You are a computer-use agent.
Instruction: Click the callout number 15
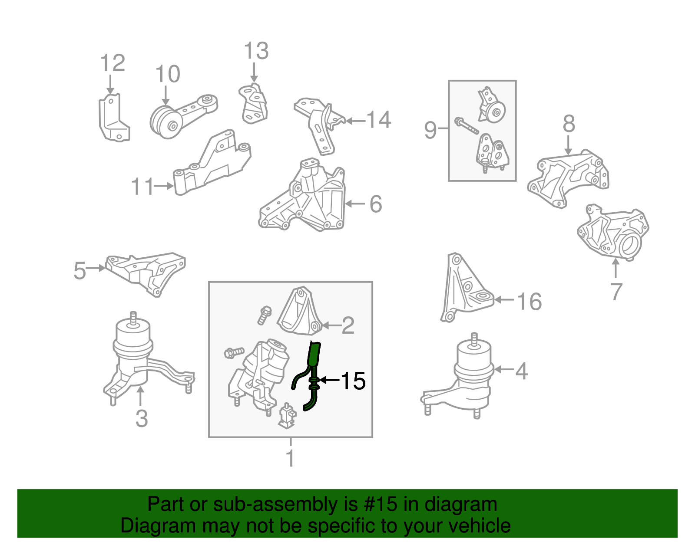(353, 381)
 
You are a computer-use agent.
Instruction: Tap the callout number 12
(113, 63)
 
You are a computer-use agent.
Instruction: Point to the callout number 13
(256, 51)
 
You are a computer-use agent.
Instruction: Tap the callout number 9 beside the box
(430, 130)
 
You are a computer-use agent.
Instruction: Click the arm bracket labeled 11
(213, 165)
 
